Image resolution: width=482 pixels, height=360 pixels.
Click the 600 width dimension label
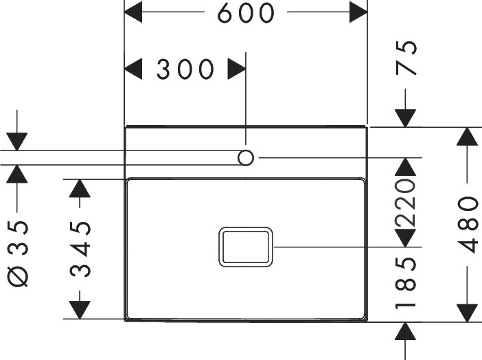pyautogui.click(x=246, y=13)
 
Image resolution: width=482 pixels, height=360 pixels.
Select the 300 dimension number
pyautogui.click(x=185, y=69)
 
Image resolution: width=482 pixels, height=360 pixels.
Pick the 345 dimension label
pyautogui.click(x=81, y=247)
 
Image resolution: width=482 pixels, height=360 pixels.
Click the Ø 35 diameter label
pyautogui.click(x=20, y=254)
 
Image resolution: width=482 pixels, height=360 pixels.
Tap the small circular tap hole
pyautogui.click(x=246, y=157)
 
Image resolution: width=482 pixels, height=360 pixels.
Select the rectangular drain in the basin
pyautogui.click(x=246, y=247)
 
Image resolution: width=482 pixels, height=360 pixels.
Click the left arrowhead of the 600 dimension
pyautogui.click(x=133, y=12)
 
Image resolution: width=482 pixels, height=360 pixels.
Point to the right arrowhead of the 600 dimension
pyautogui.click(x=358, y=12)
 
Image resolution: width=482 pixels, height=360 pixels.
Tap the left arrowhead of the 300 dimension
pyautogui.click(x=133, y=69)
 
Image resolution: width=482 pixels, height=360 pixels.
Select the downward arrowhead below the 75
pyautogui.click(x=406, y=117)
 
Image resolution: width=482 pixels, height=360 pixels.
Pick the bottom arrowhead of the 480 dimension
pyautogui.click(x=468, y=311)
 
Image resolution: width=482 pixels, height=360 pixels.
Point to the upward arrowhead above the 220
pyautogui.click(x=406, y=166)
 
